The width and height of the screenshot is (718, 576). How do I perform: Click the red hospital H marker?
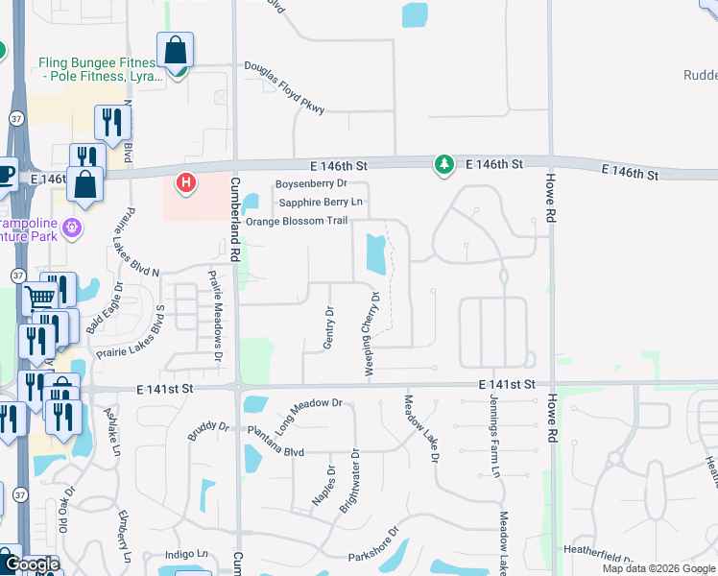pos(186,180)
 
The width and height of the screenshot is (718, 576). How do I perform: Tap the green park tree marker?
pos(443,165)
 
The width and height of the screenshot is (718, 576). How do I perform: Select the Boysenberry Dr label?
pos(310,183)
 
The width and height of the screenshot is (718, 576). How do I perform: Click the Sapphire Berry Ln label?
pos(321,203)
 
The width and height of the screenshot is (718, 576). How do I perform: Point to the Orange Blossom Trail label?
pos(296,221)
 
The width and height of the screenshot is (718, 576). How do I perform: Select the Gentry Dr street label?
pos(329,328)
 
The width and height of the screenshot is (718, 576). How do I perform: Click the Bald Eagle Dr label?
pos(105,306)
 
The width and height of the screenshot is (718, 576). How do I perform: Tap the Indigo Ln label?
pos(186,554)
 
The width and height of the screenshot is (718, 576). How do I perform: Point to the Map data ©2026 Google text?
pos(658,568)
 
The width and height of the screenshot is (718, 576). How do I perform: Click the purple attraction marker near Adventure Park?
pos(71,228)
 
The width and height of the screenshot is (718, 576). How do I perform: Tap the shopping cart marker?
pos(39,298)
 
